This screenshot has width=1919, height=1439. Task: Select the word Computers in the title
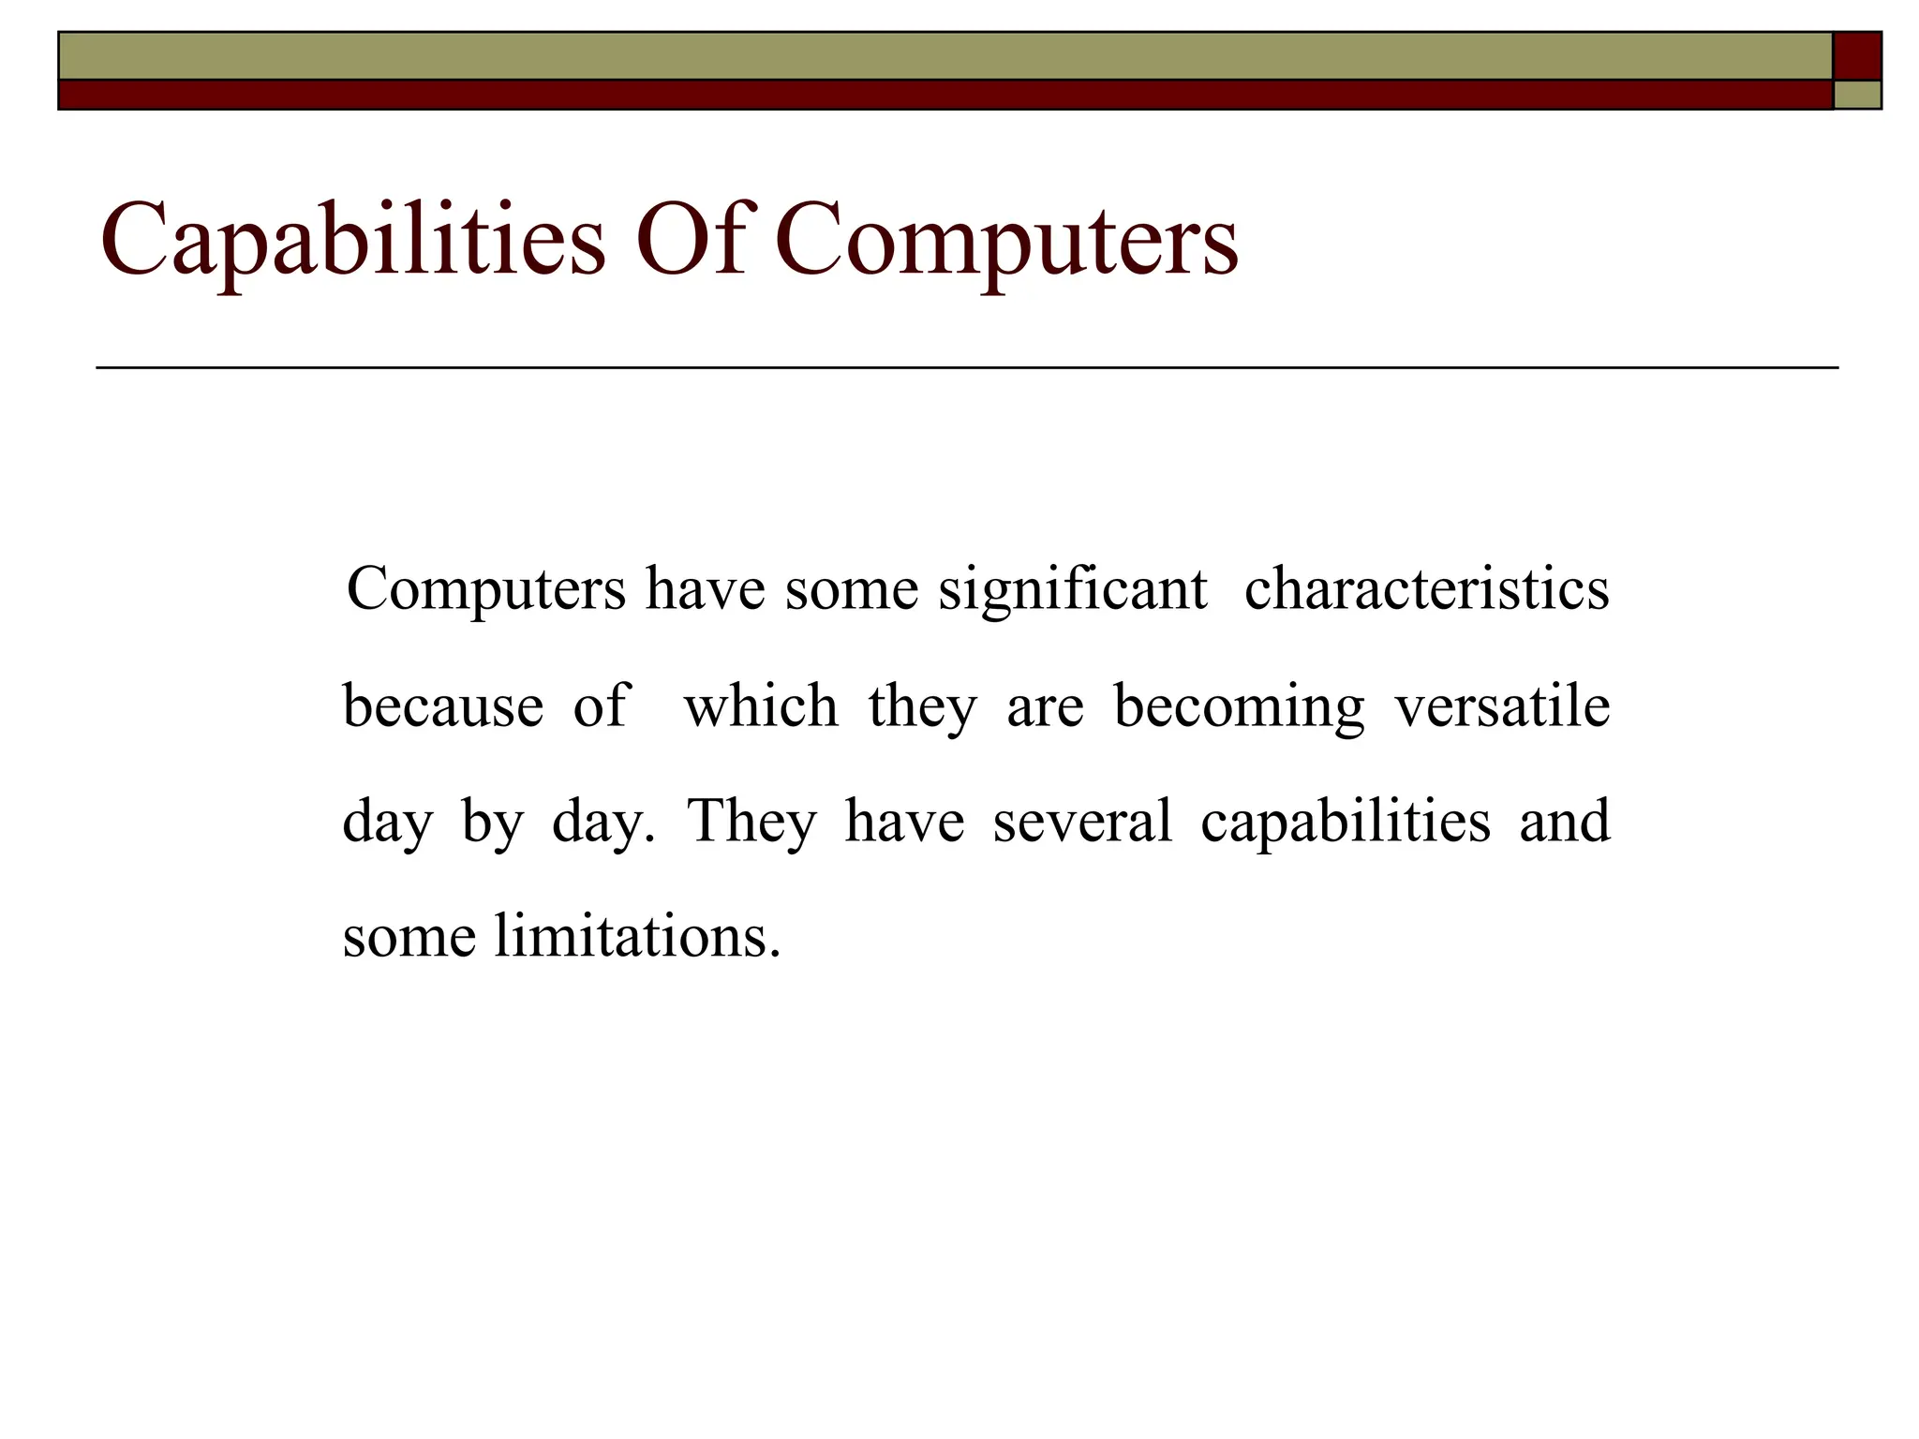pyautogui.click(x=1006, y=241)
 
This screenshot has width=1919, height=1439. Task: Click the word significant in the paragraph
pyautogui.click(x=1072, y=590)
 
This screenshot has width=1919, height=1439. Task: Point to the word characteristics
pyautogui.click(x=1426, y=590)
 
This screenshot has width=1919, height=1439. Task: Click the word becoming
pyautogui.click(x=1239, y=707)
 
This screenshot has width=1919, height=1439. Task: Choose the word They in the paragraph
pyautogui.click(x=751, y=822)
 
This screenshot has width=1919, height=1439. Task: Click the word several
pyautogui.click(x=1082, y=822)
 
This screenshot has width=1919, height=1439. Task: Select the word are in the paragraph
pyautogui.click(x=1045, y=707)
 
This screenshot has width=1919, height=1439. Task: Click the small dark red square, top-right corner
pyautogui.click(x=1856, y=56)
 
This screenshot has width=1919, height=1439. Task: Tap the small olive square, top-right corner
pyautogui.click(x=1857, y=95)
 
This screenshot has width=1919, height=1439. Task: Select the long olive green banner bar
pyautogui.click(x=945, y=56)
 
